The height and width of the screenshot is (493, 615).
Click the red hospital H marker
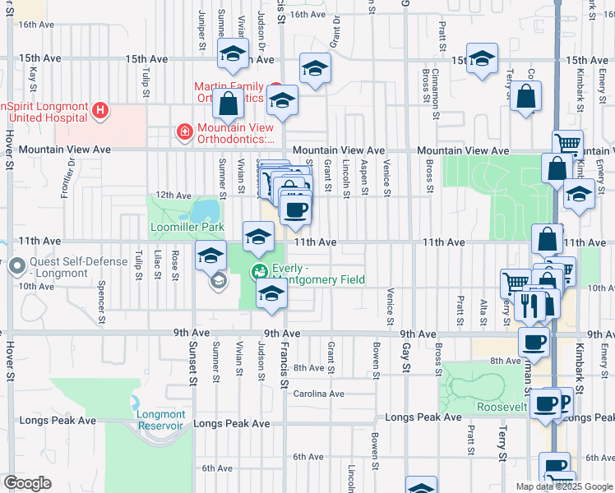[99, 109]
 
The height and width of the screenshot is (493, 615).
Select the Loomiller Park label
[176, 226]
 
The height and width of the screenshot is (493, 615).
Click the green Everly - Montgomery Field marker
[260, 271]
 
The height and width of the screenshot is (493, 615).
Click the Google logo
[27, 483]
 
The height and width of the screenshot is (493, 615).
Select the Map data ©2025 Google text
[563, 486]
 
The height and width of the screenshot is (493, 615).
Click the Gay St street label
[405, 357]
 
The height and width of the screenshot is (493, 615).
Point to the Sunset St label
[195, 365]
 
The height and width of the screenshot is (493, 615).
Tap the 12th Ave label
[173, 196]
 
